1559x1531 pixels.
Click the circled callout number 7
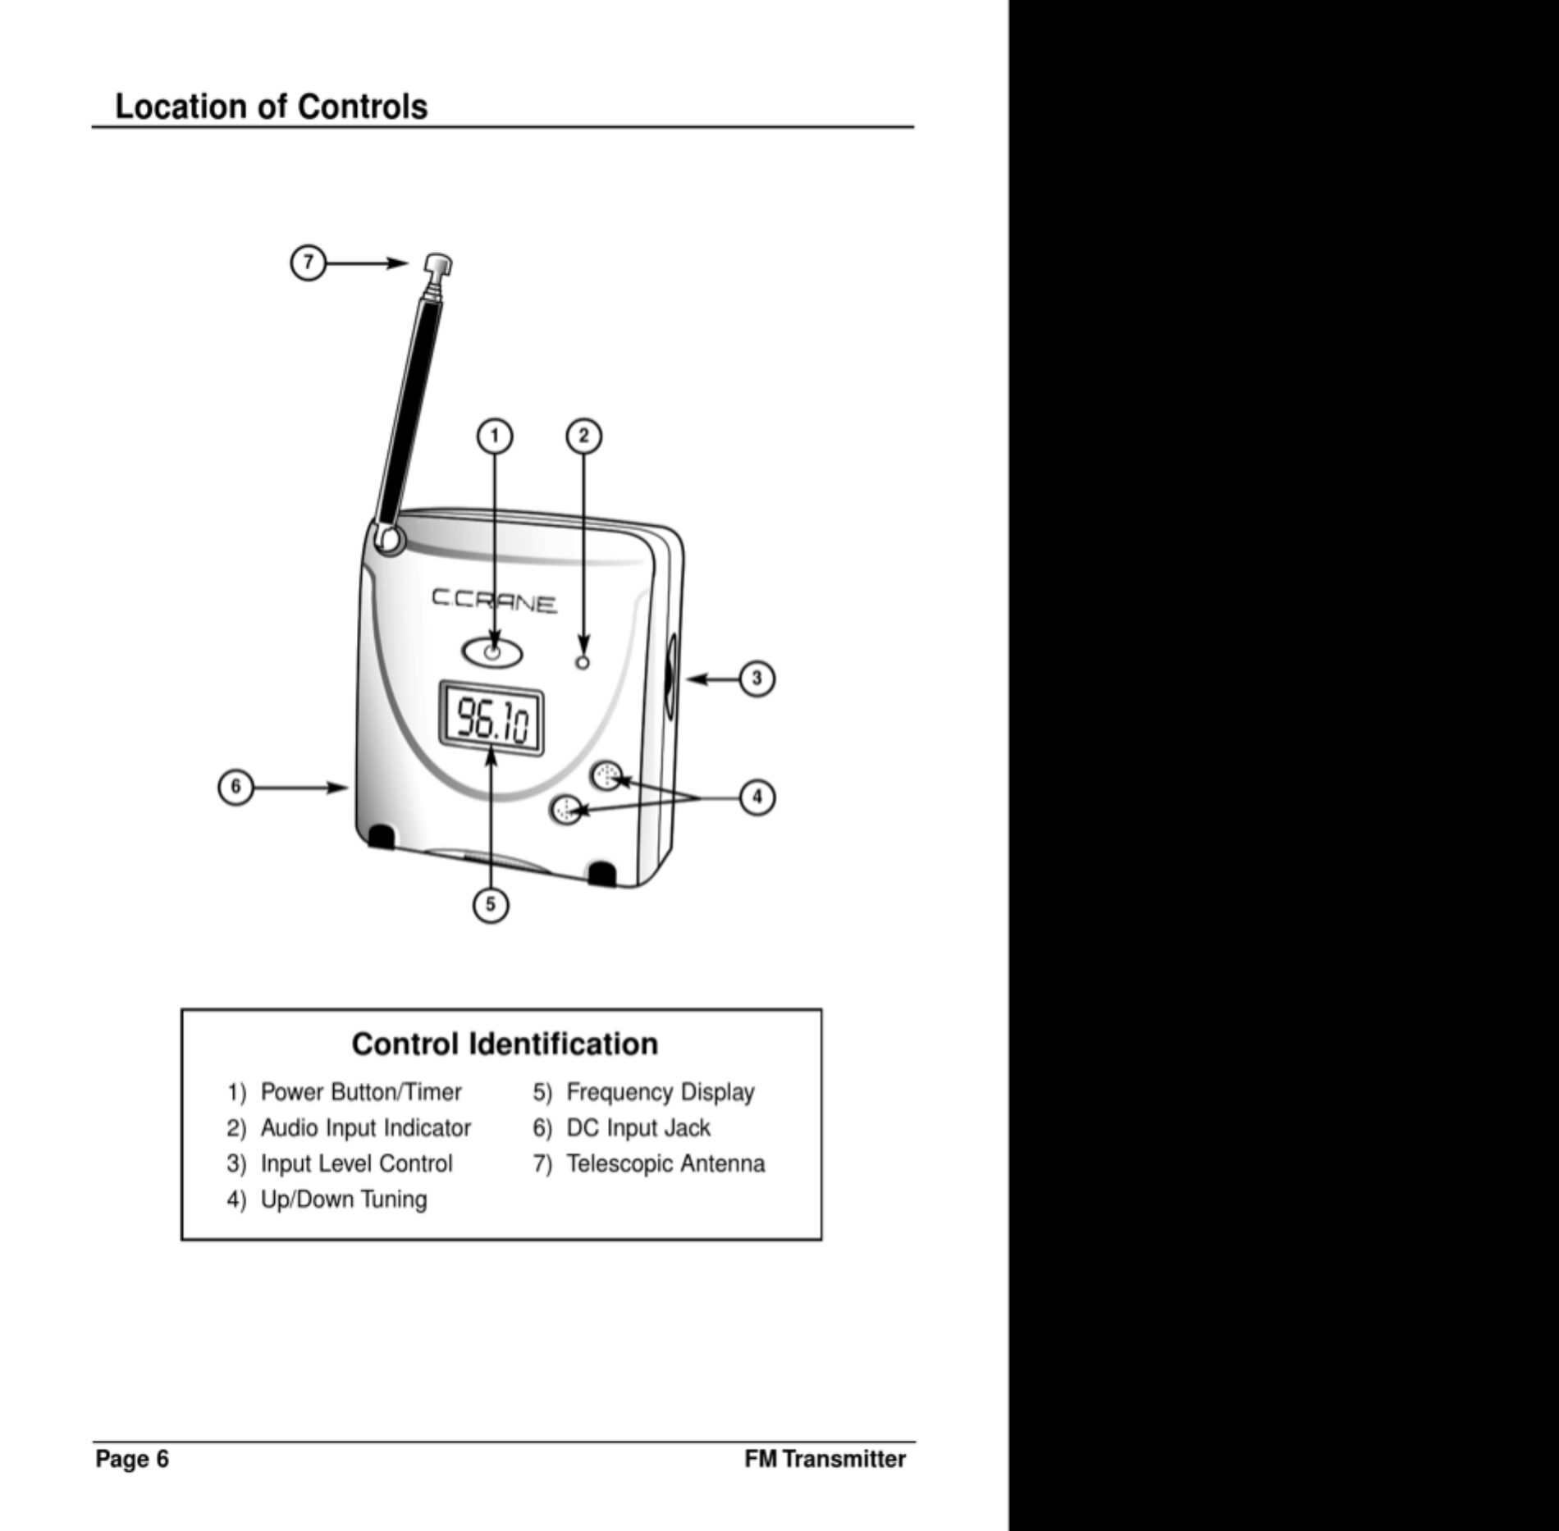click(x=308, y=263)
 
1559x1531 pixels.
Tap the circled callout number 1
click(x=495, y=436)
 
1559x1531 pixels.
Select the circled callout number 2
click(x=584, y=436)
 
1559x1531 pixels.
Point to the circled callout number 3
click(x=757, y=679)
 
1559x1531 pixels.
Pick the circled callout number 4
click(x=757, y=797)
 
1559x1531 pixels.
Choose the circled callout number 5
click(x=491, y=905)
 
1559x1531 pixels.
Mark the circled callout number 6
click(x=235, y=788)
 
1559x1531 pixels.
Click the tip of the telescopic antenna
click(x=439, y=265)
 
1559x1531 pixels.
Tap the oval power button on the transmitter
click(x=493, y=653)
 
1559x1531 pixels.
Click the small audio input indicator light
click(x=583, y=662)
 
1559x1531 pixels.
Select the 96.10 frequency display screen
click(x=491, y=719)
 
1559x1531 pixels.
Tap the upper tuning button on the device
click(x=607, y=775)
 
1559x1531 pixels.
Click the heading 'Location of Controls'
click(x=271, y=107)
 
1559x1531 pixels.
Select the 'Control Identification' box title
click(x=505, y=1044)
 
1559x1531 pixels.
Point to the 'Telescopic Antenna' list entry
click(x=665, y=1163)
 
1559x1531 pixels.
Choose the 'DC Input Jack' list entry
click(x=638, y=1128)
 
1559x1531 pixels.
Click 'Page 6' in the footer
click(x=132, y=1459)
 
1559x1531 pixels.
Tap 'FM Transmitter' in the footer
click(x=825, y=1459)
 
